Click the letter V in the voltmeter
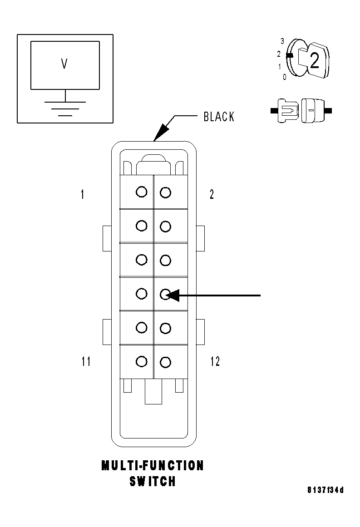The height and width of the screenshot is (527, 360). (64, 64)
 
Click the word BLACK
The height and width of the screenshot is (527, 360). (219, 117)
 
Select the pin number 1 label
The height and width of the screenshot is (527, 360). (82, 195)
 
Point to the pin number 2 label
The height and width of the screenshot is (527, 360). (212, 195)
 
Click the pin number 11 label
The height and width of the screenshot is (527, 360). (86, 361)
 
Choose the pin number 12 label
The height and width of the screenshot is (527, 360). (215, 361)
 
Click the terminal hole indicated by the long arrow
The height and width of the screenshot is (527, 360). (166, 294)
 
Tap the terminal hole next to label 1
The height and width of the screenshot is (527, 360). (142, 192)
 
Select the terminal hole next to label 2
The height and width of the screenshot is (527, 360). (166, 192)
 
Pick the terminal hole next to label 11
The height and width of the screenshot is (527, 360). (142, 361)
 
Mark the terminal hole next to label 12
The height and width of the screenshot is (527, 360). (166, 362)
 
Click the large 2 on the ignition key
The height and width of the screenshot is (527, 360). (314, 61)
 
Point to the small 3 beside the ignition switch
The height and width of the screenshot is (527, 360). (282, 41)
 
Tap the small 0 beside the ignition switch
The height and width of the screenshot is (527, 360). (284, 77)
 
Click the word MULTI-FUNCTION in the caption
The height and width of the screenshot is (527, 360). (153, 466)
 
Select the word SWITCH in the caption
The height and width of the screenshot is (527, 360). (153, 482)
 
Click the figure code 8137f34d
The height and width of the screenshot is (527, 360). (325, 490)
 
